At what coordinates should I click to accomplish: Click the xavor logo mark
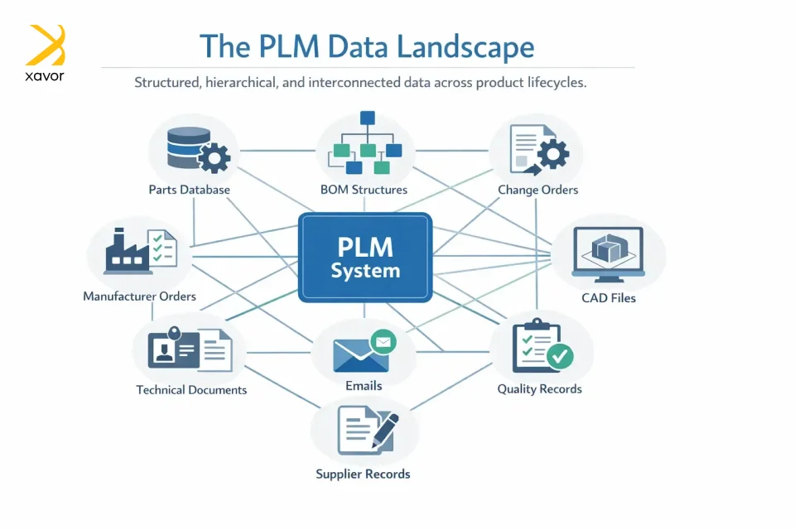pyautogui.click(x=46, y=45)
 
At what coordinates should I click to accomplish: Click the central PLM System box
pyautogui.click(x=365, y=257)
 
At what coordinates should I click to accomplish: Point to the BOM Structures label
pyautogui.click(x=364, y=190)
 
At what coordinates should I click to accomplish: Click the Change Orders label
pyautogui.click(x=537, y=190)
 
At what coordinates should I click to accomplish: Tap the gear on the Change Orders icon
pyautogui.click(x=552, y=153)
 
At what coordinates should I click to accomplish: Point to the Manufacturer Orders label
pyautogui.click(x=139, y=296)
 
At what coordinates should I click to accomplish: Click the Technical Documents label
pyautogui.click(x=191, y=389)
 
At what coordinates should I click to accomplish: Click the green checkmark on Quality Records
pyautogui.click(x=561, y=357)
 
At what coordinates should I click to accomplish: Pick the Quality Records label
pyautogui.click(x=539, y=388)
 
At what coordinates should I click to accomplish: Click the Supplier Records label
pyautogui.click(x=363, y=474)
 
